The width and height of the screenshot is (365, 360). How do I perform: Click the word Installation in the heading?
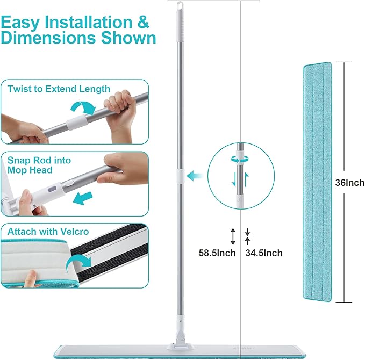88,22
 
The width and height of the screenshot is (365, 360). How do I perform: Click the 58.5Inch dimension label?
217,253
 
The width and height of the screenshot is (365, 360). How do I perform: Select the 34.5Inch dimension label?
264,253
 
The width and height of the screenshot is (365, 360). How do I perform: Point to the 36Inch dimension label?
350,183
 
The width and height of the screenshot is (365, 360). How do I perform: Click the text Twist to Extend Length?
59,89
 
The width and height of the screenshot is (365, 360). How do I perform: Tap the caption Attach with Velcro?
48,232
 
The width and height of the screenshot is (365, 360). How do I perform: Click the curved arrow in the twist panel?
83,107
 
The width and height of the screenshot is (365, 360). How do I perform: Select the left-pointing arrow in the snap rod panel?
83,198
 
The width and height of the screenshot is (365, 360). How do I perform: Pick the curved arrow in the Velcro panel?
78,261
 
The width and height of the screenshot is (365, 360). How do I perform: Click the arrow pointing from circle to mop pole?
195,176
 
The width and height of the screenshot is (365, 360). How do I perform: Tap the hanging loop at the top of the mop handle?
180,5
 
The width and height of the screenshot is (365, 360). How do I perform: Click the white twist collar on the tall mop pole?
180,176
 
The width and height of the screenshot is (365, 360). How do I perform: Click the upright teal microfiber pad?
317,182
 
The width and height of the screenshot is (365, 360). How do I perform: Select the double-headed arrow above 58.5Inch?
233,236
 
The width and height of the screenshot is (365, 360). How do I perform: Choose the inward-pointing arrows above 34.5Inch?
247,236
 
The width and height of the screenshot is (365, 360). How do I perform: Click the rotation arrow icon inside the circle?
240,160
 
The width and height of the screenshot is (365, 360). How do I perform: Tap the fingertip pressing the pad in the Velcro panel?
30,278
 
